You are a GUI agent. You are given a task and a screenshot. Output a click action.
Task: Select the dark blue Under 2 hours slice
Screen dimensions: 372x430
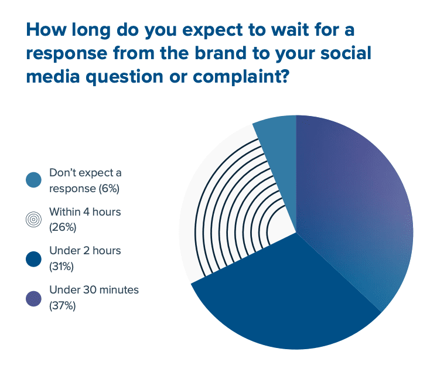287,299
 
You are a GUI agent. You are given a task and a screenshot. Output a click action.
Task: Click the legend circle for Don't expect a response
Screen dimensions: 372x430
34,180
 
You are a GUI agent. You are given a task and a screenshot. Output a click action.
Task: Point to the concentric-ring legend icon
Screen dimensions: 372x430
34,219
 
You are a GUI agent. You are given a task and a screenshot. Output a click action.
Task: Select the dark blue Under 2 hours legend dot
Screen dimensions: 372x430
34,258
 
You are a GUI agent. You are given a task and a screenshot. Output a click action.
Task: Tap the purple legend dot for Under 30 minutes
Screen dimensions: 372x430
34,297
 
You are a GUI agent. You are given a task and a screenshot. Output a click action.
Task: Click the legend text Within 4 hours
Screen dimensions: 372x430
85,211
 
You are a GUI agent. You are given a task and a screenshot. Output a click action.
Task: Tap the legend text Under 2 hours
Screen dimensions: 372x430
85,251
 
